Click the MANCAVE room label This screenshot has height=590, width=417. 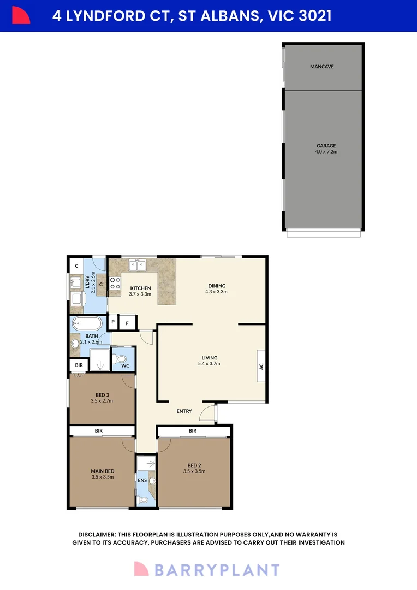tap(321, 67)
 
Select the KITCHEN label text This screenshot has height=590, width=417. tap(140, 288)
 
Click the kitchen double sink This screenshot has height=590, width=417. tap(137, 265)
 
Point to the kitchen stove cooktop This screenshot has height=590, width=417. tap(115, 283)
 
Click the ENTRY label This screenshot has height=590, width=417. tap(184, 411)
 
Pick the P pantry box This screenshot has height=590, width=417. tap(113, 322)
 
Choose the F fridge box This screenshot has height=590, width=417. tap(127, 322)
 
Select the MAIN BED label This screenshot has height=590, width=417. tap(102, 471)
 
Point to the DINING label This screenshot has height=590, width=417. tap(217, 286)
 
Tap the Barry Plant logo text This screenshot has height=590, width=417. tap(217, 570)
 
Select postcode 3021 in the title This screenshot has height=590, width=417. tap(315, 16)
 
